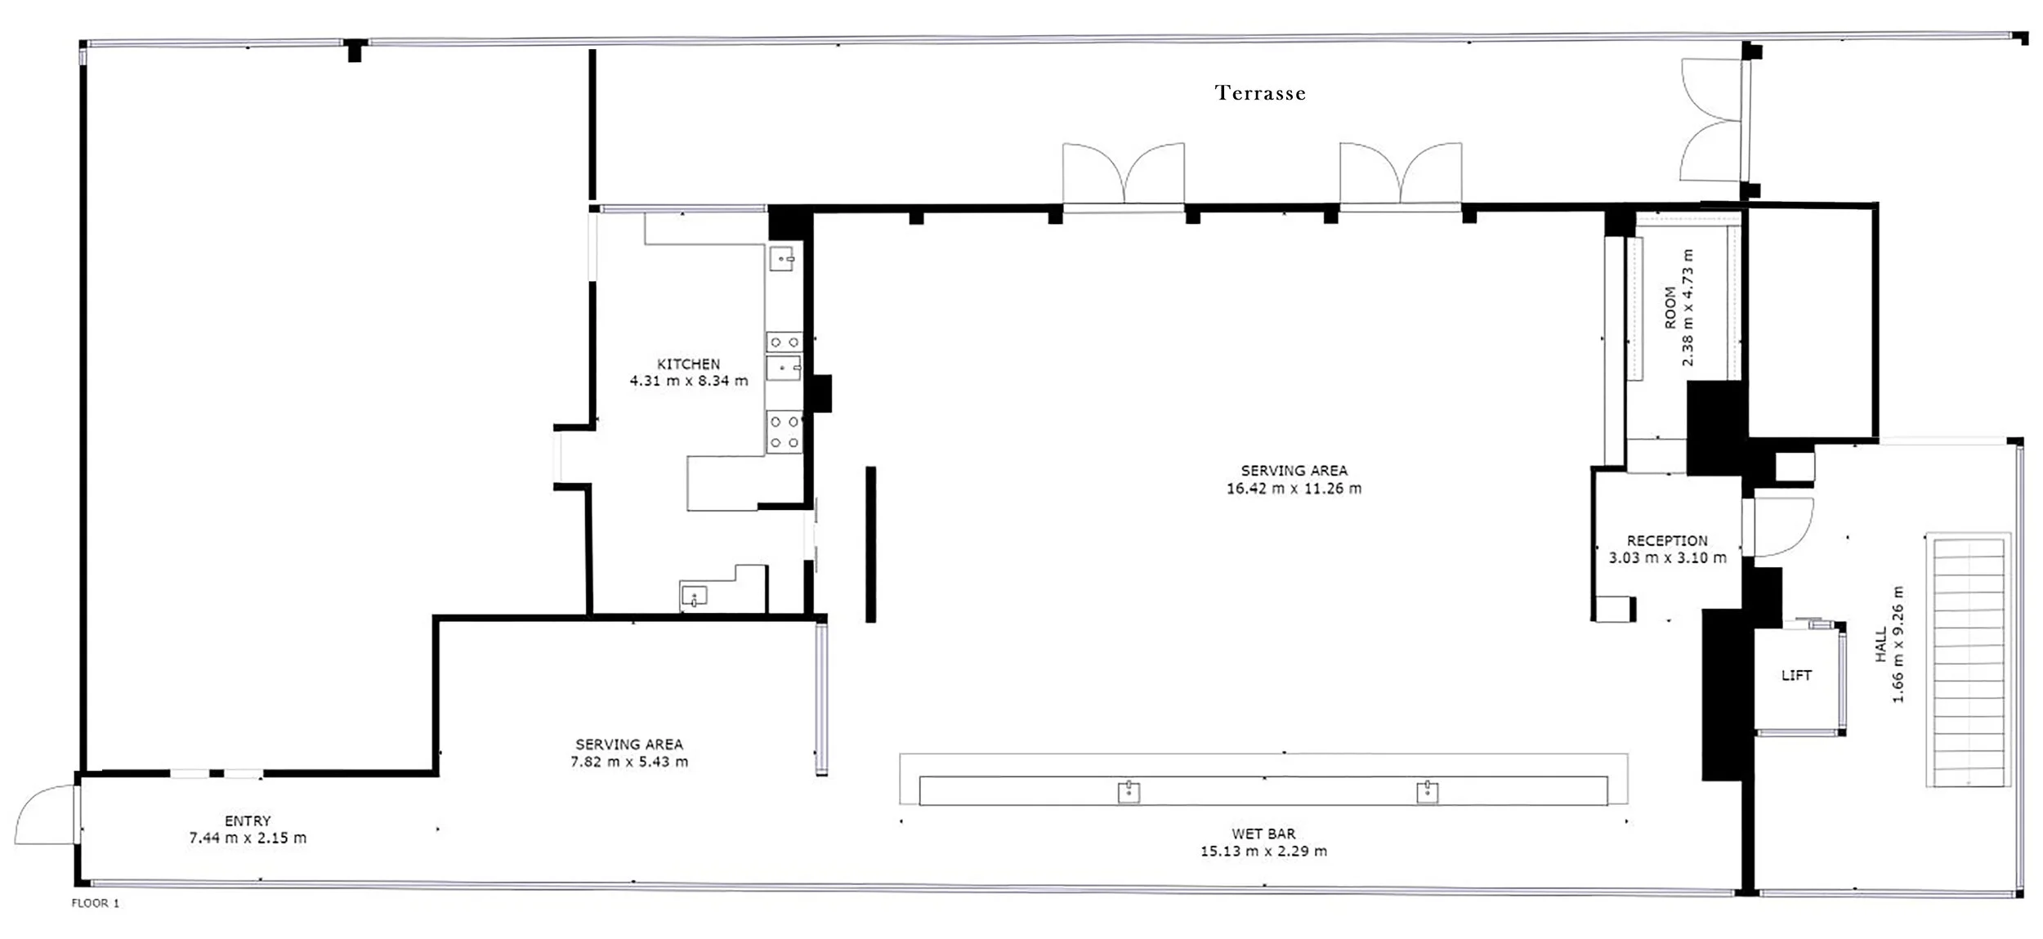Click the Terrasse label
click(1260, 93)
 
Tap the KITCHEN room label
click(689, 364)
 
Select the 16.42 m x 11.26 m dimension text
click(1294, 489)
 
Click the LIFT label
click(1796, 676)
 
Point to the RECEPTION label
click(1667, 541)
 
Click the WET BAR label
click(1263, 834)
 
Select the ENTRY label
click(248, 821)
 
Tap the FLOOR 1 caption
click(96, 903)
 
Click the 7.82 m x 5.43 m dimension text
click(629, 762)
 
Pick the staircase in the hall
click(1968, 660)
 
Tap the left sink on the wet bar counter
click(1129, 792)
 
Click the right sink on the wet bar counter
click(1428, 792)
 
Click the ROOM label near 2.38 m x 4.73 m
click(1670, 308)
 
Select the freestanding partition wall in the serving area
click(871, 544)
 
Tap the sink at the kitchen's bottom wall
click(694, 595)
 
